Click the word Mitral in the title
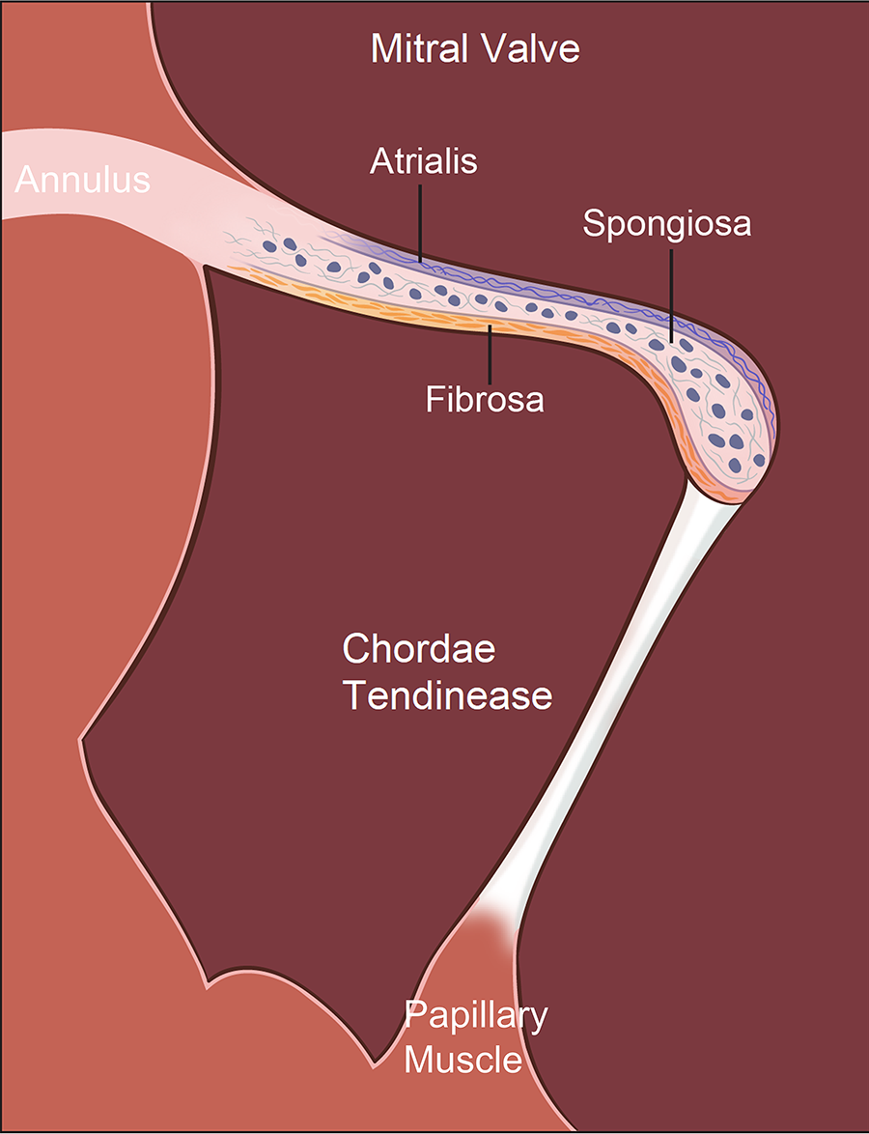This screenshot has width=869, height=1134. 418,49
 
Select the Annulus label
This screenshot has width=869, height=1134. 83,180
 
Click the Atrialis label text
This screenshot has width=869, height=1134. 424,161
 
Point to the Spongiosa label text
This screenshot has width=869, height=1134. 667,224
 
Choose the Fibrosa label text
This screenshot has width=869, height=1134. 485,399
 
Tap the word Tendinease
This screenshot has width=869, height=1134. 448,695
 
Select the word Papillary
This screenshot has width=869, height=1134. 475,1015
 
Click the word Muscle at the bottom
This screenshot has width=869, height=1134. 463,1061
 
